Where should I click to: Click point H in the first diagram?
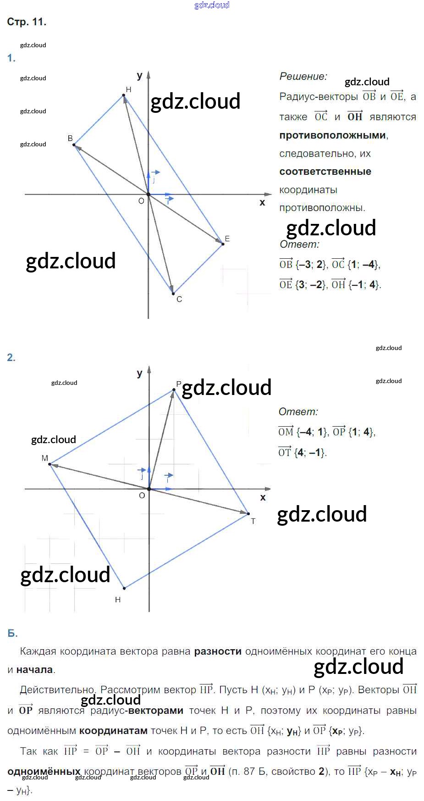coord(124,95)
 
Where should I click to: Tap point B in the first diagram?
coord(74,145)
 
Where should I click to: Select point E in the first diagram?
coord(223,244)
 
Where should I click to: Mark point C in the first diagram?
coord(173,293)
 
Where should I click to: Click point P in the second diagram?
coord(174,390)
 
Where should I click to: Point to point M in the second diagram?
coord(50,464)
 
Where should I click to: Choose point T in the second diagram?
coord(248,514)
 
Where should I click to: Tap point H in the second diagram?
coord(124,588)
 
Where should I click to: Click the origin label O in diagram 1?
coord(141,201)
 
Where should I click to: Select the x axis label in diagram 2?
coord(263,497)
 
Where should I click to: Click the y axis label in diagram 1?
coord(140,76)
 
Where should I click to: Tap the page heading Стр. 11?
coord(27,22)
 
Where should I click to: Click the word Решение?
coord(303,77)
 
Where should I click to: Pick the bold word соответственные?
coord(325,172)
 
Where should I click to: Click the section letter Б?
coord(12,634)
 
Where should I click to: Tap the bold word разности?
coord(218,651)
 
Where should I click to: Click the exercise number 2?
coord(11,358)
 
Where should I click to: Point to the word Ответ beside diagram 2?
coord(298,412)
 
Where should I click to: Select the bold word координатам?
coord(113,731)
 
